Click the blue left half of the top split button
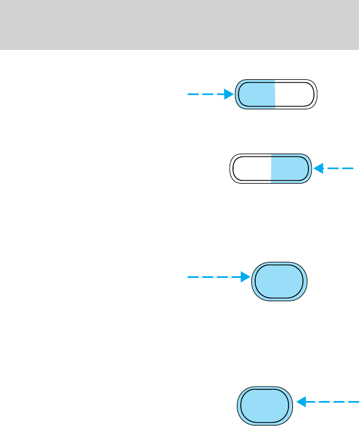tap(256, 94)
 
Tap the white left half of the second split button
tap(250, 169)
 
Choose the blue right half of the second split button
tap(290, 169)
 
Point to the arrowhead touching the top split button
tap(228, 94)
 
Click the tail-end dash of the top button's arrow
tap(192, 94)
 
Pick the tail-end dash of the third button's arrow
tap(193, 277)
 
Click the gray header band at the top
tap(180, 24)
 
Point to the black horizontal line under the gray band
tap(180, 50)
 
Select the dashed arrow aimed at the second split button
tap(334, 168)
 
